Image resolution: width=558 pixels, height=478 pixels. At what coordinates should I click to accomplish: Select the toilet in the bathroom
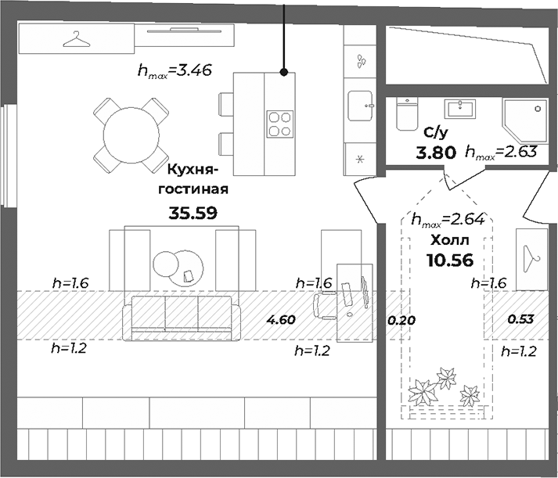click(x=406, y=113)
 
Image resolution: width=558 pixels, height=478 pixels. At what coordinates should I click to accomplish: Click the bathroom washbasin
click(x=460, y=107)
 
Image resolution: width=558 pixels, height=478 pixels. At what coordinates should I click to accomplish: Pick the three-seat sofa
click(x=182, y=318)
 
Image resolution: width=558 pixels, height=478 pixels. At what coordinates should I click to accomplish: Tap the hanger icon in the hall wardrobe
click(x=532, y=255)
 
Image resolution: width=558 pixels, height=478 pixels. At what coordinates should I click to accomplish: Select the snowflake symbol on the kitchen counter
click(x=360, y=160)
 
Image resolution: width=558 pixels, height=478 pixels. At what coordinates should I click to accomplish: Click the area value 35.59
click(x=193, y=211)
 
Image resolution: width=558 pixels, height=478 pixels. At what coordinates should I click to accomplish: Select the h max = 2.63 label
click(x=500, y=153)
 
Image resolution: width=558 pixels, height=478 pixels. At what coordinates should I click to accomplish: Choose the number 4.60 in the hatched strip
click(x=280, y=319)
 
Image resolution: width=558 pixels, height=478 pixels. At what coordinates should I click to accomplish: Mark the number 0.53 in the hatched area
click(x=520, y=319)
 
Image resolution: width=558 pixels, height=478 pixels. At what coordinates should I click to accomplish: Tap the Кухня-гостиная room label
click(x=193, y=178)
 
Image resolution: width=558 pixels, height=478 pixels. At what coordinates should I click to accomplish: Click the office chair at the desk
click(x=325, y=305)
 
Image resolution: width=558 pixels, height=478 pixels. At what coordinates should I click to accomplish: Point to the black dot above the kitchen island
click(x=284, y=72)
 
